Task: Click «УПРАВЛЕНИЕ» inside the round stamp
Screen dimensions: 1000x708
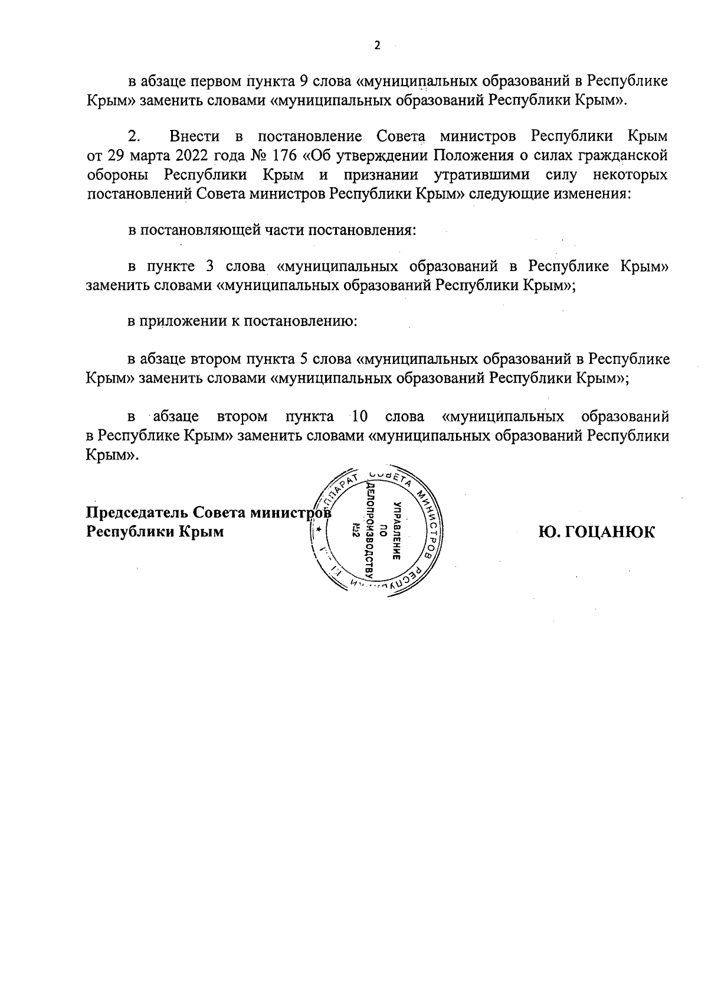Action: pos(397,532)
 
